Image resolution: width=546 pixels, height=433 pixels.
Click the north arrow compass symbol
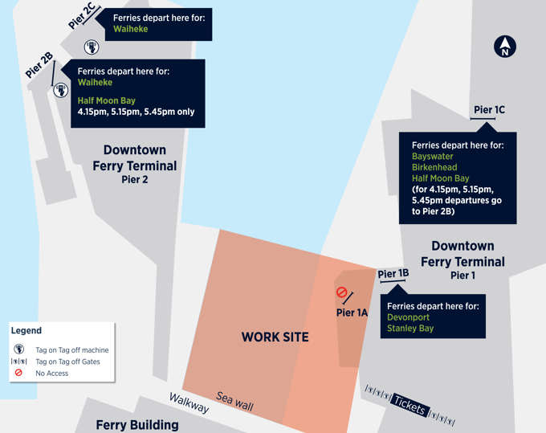pos(505,47)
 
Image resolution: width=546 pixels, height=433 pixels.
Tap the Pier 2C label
pos(82,15)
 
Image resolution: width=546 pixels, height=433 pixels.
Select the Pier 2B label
pos(39,63)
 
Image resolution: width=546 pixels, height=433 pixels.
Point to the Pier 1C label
pos(489,110)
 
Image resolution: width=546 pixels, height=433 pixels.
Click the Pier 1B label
pos(393,274)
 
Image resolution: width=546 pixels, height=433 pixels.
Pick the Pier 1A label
pos(352,312)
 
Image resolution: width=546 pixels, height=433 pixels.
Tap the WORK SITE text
pos(275,337)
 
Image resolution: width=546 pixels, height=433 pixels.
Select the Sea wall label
pos(234,401)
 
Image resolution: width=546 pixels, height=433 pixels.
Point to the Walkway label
pos(189,403)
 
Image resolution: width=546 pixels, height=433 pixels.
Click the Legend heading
pos(26,330)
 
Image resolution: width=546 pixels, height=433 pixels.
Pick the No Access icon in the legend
pos(18,374)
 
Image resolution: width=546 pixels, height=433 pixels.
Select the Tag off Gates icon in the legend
pos(18,362)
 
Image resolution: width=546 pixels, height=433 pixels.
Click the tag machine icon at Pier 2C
pos(91,47)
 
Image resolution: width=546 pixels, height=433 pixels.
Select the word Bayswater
pos(433,156)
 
